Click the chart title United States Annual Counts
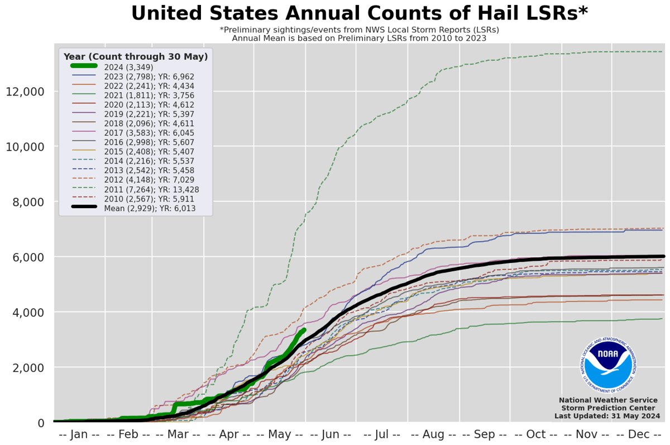(359, 13)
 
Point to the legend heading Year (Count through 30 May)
(136, 56)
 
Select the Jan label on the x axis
(79, 434)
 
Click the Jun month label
(332, 434)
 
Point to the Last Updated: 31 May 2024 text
(607, 416)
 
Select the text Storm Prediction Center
(607, 408)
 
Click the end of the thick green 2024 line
(304, 330)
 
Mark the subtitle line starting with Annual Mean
(359, 39)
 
